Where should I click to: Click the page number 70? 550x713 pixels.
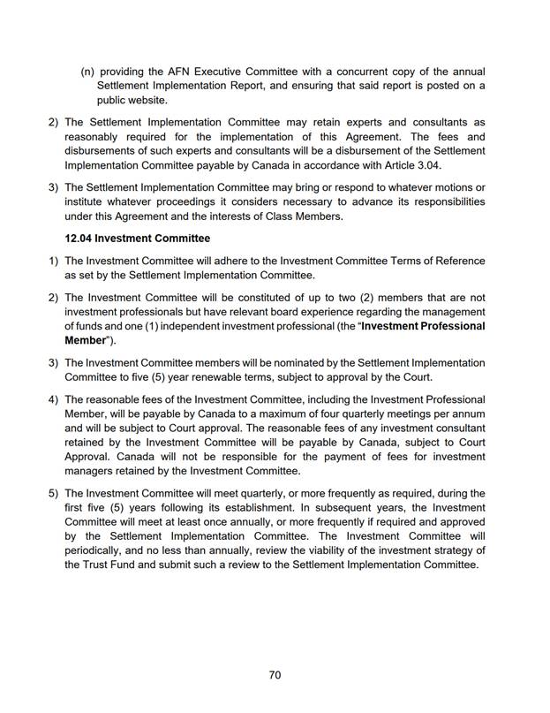point(275,675)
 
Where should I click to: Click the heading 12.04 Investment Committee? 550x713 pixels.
point(138,239)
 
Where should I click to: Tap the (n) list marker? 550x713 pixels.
point(87,71)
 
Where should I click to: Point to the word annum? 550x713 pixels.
point(466,413)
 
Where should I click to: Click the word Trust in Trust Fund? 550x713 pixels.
point(102,565)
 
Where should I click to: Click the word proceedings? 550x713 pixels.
point(182,202)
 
